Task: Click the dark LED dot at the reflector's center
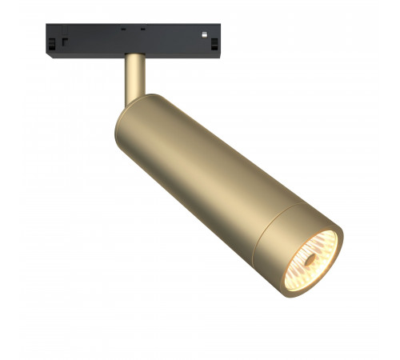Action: click(x=308, y=258)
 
